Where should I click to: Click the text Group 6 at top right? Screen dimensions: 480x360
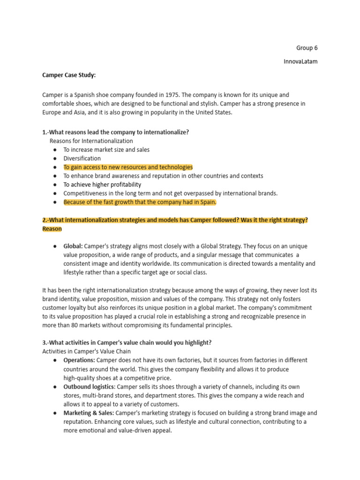tap(307, 48)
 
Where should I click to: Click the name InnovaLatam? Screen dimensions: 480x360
tap(300, 61)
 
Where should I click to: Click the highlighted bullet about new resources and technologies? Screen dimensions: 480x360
tap(128, 167)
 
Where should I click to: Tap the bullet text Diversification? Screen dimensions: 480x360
tap(82, 158)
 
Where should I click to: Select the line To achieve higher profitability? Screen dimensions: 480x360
tap(102, 185)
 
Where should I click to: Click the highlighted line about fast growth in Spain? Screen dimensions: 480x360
tap(140, 202)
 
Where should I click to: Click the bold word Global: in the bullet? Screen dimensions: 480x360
tap(73, 246)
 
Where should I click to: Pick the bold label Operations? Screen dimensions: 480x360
tap(79, 360)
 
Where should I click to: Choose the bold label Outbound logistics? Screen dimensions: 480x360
tap(89, 387)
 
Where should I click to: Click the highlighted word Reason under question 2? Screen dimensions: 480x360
tap(52, 229)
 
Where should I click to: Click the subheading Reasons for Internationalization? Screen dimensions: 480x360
tap(91, 141)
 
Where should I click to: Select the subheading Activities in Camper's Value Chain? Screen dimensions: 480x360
tap(87, 352)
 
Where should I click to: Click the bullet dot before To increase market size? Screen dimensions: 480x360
tap(55, 150)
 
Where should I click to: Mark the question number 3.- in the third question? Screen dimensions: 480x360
tap(47, 343)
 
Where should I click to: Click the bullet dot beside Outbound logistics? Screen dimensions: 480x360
tap(55, 387)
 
